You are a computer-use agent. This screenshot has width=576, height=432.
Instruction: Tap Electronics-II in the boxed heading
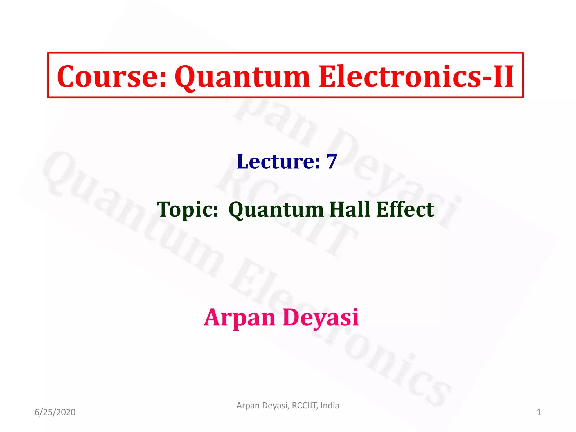(416, 76)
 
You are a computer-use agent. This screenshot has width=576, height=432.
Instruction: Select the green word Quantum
(276, 210)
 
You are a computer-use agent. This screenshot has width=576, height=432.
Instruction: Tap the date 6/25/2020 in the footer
(55, 412)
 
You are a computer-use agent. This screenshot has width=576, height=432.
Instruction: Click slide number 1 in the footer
(539, 412)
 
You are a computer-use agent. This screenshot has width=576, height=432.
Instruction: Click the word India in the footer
(330, 406)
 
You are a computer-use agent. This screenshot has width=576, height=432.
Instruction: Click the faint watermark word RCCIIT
(287, 214)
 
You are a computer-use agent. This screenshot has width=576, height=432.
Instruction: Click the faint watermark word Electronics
(337, 332)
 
